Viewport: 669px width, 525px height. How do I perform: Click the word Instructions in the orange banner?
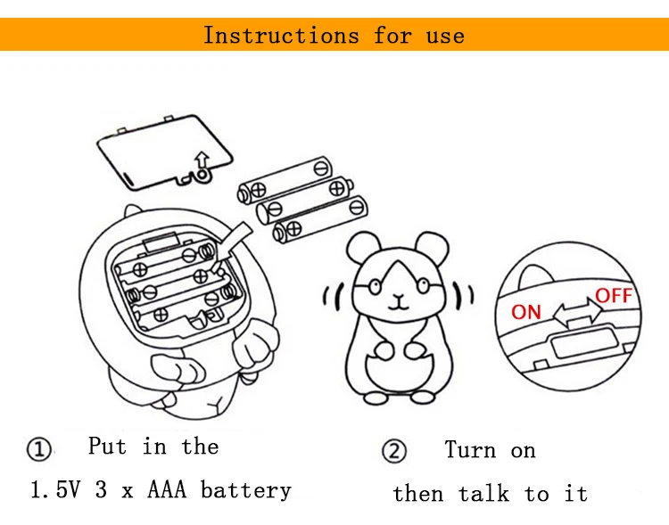pos(281,35)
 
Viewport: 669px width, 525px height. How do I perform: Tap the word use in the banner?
pos(445,37)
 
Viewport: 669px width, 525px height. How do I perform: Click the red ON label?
pos(526,312)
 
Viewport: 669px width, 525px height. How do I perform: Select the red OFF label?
pos(614,296)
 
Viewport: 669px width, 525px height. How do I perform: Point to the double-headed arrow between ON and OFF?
pos(578,313)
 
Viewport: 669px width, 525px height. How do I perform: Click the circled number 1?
pos(39,449)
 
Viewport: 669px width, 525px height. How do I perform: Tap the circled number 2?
pos(393,451)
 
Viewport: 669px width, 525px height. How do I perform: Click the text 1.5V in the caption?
pos(55,489)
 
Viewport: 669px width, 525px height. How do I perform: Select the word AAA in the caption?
pos(167,489)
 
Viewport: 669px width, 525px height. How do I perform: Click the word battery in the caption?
pos(246,490)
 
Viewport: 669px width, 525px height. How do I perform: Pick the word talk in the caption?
pos(483,493)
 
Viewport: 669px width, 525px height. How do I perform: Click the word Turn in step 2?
pos(470,450)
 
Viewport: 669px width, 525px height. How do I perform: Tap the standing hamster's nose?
pos(399,296)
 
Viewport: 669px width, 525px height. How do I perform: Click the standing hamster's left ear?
pos(363,247)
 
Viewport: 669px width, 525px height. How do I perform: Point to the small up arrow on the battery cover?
pos(202,160)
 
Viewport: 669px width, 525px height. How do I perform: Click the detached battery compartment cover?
pos(165,152)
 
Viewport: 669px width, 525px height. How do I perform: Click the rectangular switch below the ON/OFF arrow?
pos(585,341)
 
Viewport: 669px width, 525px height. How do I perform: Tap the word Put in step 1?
pos(107,447)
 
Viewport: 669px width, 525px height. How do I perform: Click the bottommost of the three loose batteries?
pos(320,219)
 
